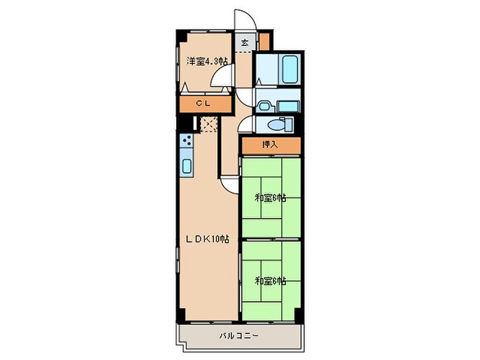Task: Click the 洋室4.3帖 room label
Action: (x=207, y=62)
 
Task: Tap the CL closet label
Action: (x=204, y=104)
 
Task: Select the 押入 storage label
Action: (x=269, y=145)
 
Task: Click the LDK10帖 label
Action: (x=208, y=239)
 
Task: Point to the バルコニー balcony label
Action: (x=239, y=336)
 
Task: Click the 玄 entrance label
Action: (x=245, y=43)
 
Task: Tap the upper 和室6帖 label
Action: (x=271, y=198)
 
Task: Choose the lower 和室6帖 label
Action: (x=271, y=280)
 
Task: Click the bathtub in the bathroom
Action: (x=289, y=69)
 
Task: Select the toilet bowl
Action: (x=276, y=125)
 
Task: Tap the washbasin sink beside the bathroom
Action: (x=263, y=106)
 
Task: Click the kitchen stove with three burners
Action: (x=186, y=140)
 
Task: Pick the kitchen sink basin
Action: (x=187, y=166)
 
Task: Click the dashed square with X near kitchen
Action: (x=208, y=124)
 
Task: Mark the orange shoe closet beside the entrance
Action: (x=264, y=41)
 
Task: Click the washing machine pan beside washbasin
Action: (x=288, y=106)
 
